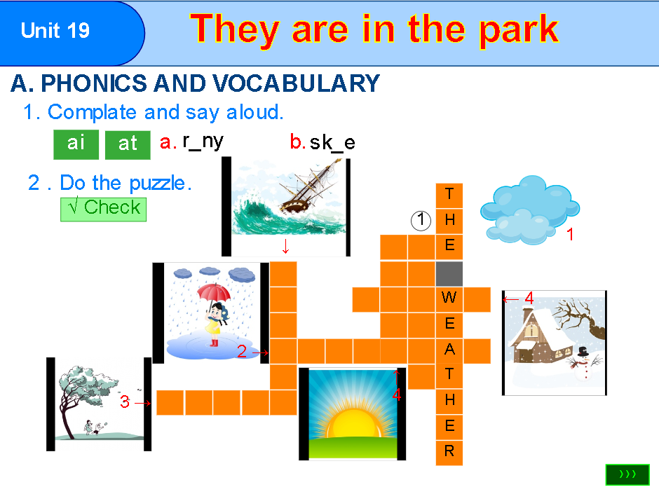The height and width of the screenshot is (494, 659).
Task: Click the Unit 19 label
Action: pos(55,31)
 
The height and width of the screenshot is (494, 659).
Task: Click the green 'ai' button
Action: pos(76,144)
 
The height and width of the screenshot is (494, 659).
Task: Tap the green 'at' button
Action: pos(128,144)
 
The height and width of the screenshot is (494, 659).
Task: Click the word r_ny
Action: pos(202,142)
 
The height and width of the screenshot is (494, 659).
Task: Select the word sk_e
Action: pos(332,143)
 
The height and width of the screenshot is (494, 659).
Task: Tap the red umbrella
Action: pos(214,293)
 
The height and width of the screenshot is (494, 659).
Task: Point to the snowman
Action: pos(583,362)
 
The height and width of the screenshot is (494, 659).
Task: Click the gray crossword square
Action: pos(449,273)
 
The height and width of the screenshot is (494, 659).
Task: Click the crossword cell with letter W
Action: pos(449,299)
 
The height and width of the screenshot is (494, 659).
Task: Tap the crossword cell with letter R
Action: pos(449,452)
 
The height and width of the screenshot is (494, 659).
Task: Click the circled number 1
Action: pos(420,220)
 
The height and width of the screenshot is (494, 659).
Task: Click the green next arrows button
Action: pos(627,474)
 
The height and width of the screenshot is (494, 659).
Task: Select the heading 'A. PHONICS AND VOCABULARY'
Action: pos(195,84)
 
